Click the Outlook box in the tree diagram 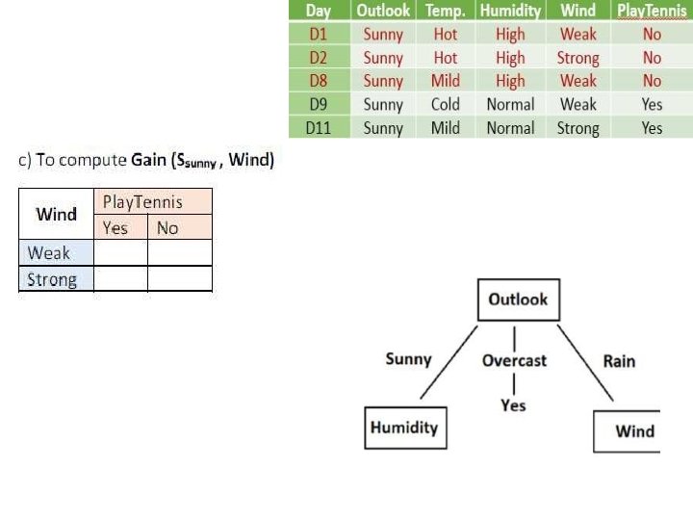click(x=518, y=299)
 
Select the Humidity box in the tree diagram click(x=404, y=428)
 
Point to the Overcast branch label click(x=514, y=360)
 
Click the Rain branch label click(x=619, y=361)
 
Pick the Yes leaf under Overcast click(x=513, y=405)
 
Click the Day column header click(x=318, y=11)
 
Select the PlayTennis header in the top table click(x=653, y=11)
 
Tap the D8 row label click(x=318, y=81)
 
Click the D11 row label click(x=318, y=128)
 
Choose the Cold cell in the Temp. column click(x=445, y=104)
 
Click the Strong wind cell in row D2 click(x=577, y=58)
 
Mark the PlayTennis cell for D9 click(x=653, y=104)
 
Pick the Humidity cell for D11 click(x=510, y=128)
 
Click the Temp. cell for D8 click(x=445, y=81)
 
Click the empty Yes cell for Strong click(x=120, y=279)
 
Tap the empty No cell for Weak click(x=179, y=253)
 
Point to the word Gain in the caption click(x=149, y=162)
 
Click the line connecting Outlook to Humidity click(x=449, y=363)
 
